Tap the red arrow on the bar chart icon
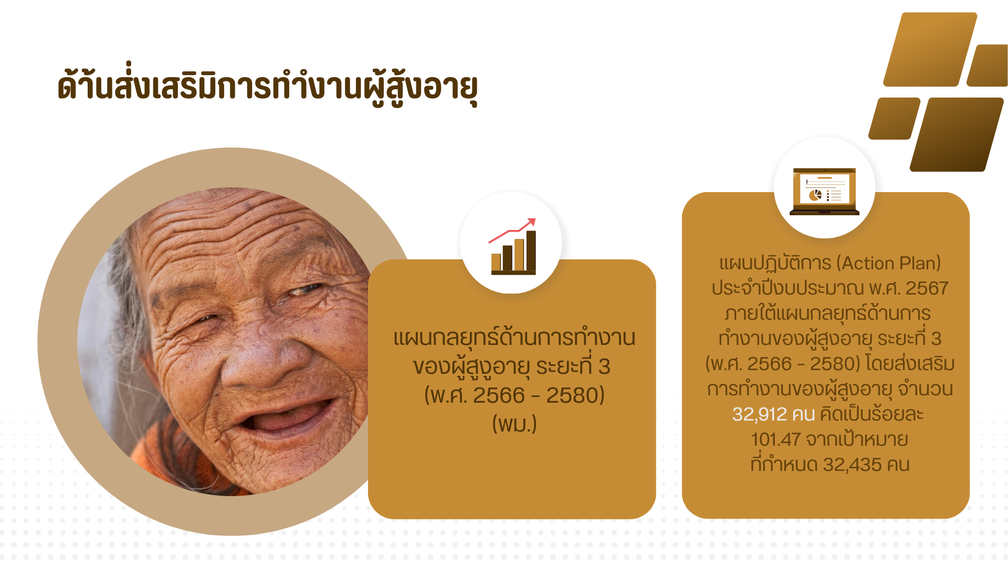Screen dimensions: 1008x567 [512, 230]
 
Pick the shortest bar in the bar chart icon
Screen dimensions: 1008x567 [496, 262]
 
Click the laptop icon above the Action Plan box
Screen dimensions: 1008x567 [824, 191]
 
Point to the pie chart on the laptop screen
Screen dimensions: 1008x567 [815, 195]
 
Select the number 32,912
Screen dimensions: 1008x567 [760, 414]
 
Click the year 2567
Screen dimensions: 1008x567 [927, 288]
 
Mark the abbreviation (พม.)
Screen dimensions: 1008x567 [514, 424]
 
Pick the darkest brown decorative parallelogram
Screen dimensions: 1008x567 [957, 134]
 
